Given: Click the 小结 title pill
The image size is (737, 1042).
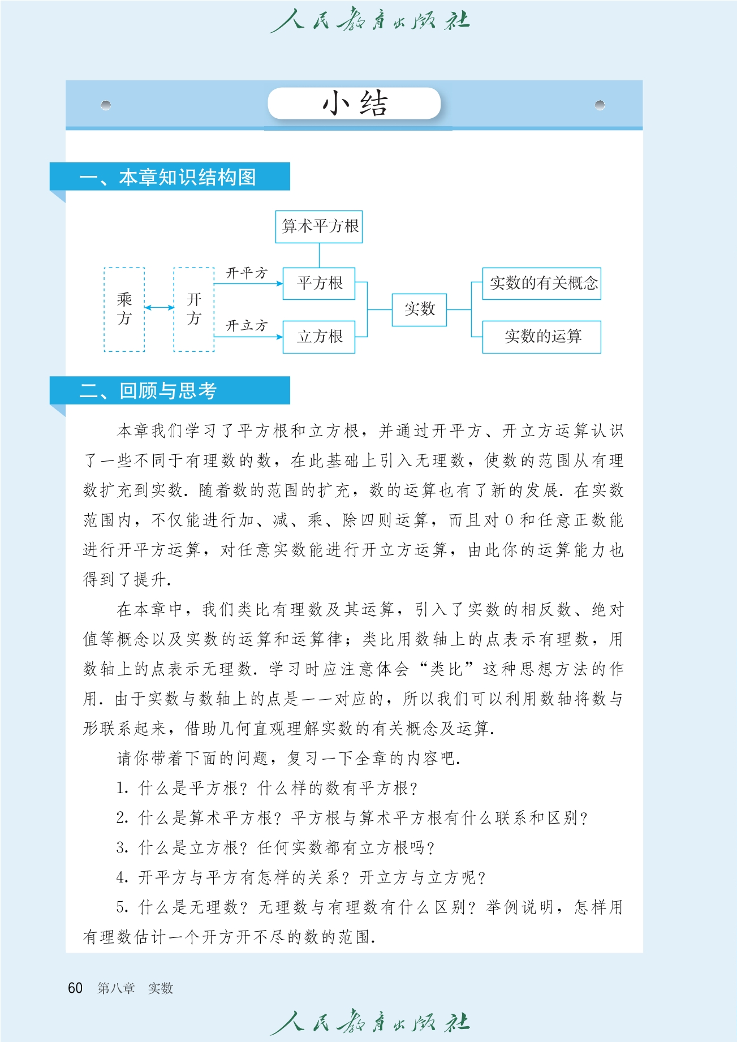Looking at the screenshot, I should pos(354,104).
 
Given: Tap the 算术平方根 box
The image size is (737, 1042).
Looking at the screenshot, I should pos(319,226).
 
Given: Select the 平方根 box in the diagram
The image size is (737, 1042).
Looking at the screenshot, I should pos(319,283).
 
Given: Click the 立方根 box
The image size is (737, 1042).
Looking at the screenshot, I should pos(319,337).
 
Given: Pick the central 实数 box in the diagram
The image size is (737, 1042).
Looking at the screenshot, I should pos(419,309).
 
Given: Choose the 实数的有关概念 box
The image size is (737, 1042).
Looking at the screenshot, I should pos(541,283).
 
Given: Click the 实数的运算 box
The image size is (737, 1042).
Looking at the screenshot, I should pos(541,337).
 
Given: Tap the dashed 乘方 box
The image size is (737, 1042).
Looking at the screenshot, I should pos(124,309).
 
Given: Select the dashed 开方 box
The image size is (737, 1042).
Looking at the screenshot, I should pos(194,309).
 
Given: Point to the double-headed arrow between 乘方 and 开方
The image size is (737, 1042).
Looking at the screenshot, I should pos(160,308).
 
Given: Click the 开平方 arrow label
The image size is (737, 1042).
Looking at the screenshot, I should pos(247,273).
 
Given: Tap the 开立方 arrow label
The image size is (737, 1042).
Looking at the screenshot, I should pos(247,326).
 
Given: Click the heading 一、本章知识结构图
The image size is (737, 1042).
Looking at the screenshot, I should pos(168,177).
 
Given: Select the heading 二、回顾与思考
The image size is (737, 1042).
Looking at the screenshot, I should pos(148,391).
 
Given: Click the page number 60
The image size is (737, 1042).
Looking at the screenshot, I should pos(75,988).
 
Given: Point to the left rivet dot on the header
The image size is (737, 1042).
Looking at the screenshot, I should pos(106,105).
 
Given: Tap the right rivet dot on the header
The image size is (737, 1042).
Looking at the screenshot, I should pos(600,105).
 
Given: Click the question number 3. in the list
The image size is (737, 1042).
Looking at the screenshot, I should pos(123,848).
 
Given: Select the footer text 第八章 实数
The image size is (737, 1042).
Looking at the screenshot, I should pos(135,988).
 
